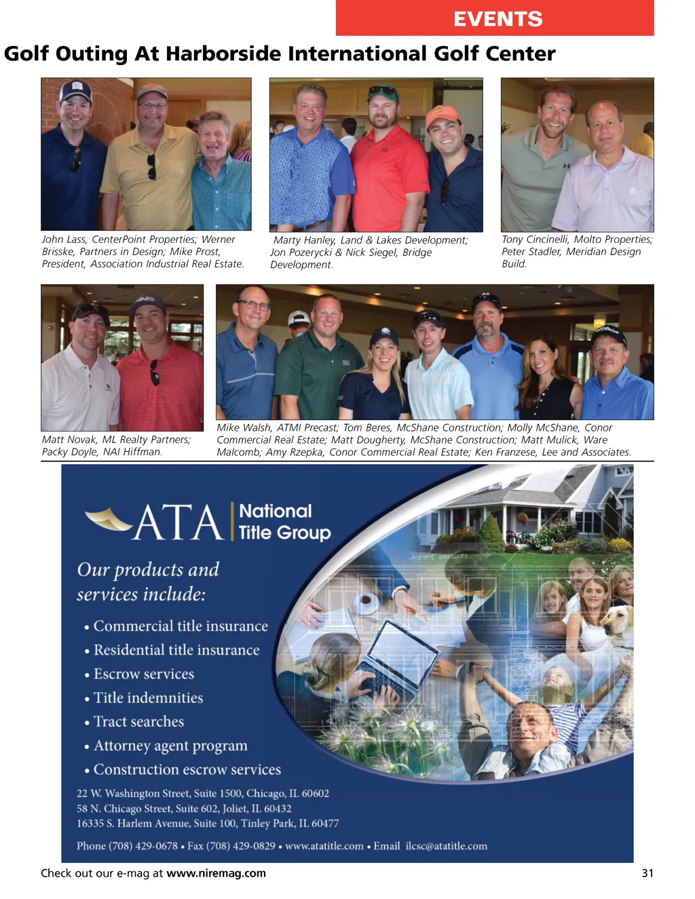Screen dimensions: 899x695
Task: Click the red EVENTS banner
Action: pyautogui.click(x=495, y=18)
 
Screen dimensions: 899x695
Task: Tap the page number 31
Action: pyautogui.click(x=647, y=873)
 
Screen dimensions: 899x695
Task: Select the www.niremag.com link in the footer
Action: pyautogui.click(x=216, y=873)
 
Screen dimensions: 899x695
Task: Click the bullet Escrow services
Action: pyautogui.click(x=143, y=674)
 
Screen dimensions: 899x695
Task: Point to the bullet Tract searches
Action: pyautogui.click(x=138, y=722)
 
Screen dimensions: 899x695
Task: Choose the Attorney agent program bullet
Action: pyautogui.click(x=170, y=746)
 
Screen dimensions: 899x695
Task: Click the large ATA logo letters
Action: pyautogui.click(x=178, y=522)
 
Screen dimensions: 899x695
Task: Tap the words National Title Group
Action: pyautogui.click(x=284, y=522)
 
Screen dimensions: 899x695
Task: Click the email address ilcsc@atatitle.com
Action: pyautogui.click(x=446, y=846)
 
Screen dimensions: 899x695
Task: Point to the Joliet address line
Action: pyautogui.click(x=184, y=809)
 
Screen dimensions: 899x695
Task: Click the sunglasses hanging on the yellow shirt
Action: pyautogui.click(x=151, y=166)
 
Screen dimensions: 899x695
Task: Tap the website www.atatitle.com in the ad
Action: pyautogui.click(x=324, y=846)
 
